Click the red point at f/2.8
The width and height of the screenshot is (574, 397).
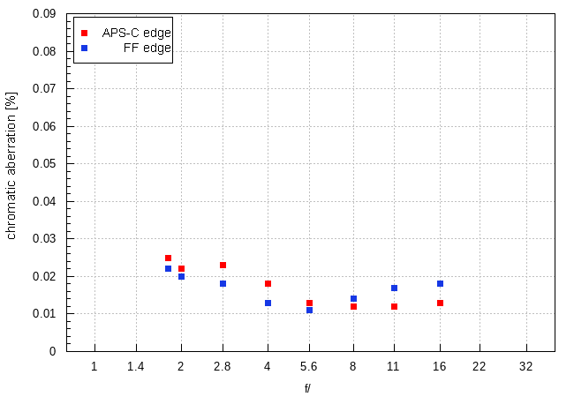point(223,265)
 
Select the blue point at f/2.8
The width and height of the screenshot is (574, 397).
point(223,283)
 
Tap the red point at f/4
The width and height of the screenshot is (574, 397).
point(268,283)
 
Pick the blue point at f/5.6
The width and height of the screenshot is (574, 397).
point(309,310)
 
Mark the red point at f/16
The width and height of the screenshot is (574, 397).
point(440,303)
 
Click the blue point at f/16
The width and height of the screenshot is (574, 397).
point(440,283)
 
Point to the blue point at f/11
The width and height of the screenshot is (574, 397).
point(394,288)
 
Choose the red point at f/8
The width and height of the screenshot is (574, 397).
point(353,306)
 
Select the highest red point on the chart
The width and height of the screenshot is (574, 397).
point(168,258)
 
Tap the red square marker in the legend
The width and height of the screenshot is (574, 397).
point(84,33)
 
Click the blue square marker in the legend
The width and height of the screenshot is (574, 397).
point(84,48)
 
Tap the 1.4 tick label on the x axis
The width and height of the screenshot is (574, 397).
point(136,366)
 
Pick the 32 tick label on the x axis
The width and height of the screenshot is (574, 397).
point(526,366)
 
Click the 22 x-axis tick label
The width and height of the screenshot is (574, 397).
point(480,366)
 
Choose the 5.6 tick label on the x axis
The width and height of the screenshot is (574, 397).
point(309,366)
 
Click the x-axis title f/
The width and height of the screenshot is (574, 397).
point(308,387)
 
